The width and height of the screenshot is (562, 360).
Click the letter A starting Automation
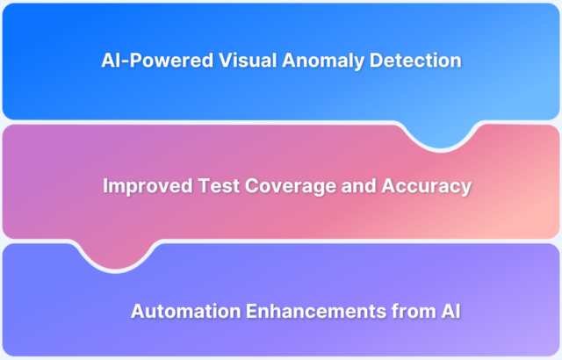pyautogui.click(x=137, y=311)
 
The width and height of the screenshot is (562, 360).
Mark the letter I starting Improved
pyautogui.click(x=106, y=186)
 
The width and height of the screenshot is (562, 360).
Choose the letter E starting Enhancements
pyautogui.click(x=235, y=311)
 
